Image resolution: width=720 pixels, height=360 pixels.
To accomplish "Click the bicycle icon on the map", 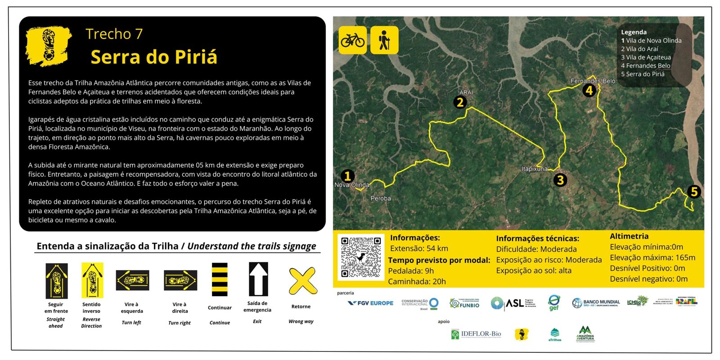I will click(x=352, y=40).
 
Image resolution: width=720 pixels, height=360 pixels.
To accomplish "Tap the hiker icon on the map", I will click(x=384, y=40).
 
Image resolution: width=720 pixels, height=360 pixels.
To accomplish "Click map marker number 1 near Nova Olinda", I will click(x=347, y=176).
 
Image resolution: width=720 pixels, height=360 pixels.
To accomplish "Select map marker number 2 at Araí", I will click(x=460, y=102).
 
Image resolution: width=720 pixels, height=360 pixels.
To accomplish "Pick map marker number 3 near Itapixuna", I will click(x=560, y=180).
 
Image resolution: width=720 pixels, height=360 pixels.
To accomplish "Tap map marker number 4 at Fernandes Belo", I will click(x=589, y=90).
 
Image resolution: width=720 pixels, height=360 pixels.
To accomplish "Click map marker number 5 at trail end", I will click(x=694, y=192).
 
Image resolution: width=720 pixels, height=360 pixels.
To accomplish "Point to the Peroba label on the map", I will click(x=381, y=198).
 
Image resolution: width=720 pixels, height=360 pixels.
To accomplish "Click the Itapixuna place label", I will click(x=535, y=169).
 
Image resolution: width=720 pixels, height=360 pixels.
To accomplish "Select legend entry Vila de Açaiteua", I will click(x=646, y=57).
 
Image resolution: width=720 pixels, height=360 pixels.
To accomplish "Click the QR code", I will click(x=361, y=257).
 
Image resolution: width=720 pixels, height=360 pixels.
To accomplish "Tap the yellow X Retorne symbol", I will click(x=302, y=281).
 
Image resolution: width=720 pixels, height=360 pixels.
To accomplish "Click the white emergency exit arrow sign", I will click(x=258, y=279).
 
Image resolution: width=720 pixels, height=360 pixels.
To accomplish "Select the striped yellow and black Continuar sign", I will click(x=220, y=279).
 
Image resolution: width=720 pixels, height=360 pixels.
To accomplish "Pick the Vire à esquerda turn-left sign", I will click(x=132, y=280).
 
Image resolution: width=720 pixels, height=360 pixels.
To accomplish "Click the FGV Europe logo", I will click(x=370, y=303).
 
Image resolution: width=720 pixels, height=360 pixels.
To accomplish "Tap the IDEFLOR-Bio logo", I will click(x=476, y=334).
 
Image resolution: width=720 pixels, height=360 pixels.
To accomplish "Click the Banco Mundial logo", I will click(x=596, y=303).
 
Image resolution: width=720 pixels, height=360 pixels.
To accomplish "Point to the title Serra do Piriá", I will click(x=154, y=57).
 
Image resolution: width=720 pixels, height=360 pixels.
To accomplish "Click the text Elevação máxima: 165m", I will click(x=652, y=257).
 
